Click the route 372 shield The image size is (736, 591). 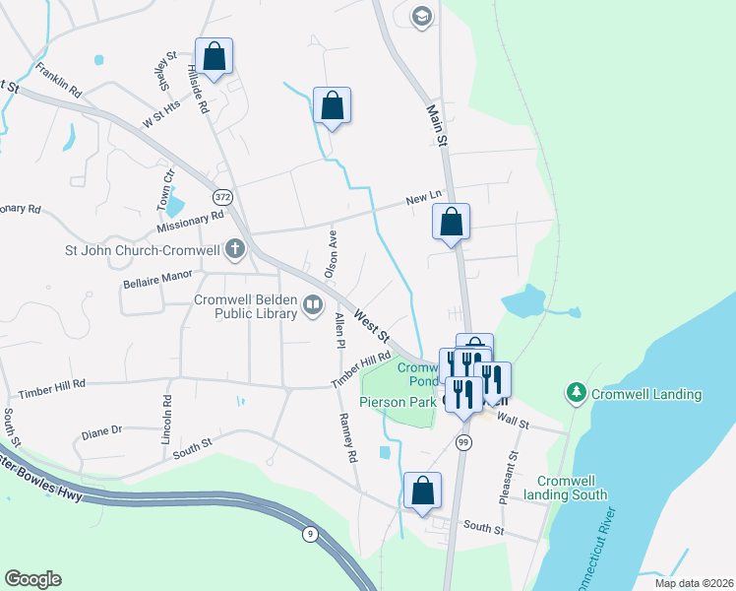224,196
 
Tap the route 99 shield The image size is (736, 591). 461,444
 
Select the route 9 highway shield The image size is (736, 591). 310,534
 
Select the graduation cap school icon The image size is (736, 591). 421,17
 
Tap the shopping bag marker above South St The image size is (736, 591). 423,489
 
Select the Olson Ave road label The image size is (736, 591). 333,252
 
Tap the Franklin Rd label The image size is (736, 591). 57,80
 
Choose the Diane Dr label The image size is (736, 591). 101,430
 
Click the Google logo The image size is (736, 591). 32,579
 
